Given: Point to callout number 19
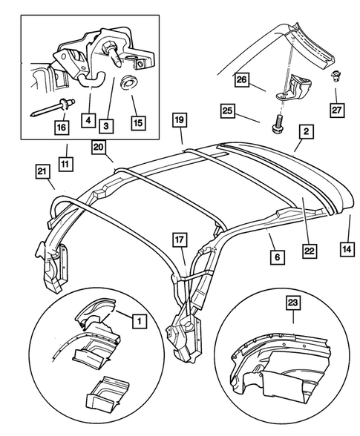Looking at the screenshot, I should pos(178,119).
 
